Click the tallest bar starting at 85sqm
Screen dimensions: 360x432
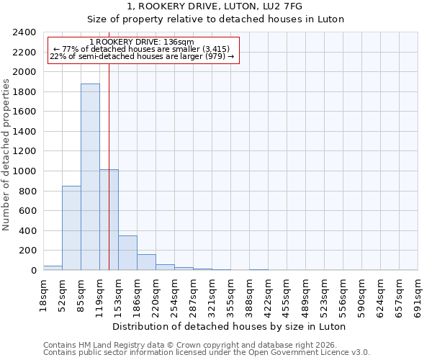(x=90, y=177)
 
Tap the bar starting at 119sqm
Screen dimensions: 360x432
(x=109, y=220)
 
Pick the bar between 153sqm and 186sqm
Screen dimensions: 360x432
(x=127, y=253)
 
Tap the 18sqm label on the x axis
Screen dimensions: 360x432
(x=43, y=295)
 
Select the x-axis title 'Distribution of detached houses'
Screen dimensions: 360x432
(x=230, y=326)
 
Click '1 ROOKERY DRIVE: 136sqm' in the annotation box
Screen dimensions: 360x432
(x=142, y=42)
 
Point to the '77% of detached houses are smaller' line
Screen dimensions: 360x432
(x=142, y=49)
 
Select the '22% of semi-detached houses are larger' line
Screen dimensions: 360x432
(x=142, y=56)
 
